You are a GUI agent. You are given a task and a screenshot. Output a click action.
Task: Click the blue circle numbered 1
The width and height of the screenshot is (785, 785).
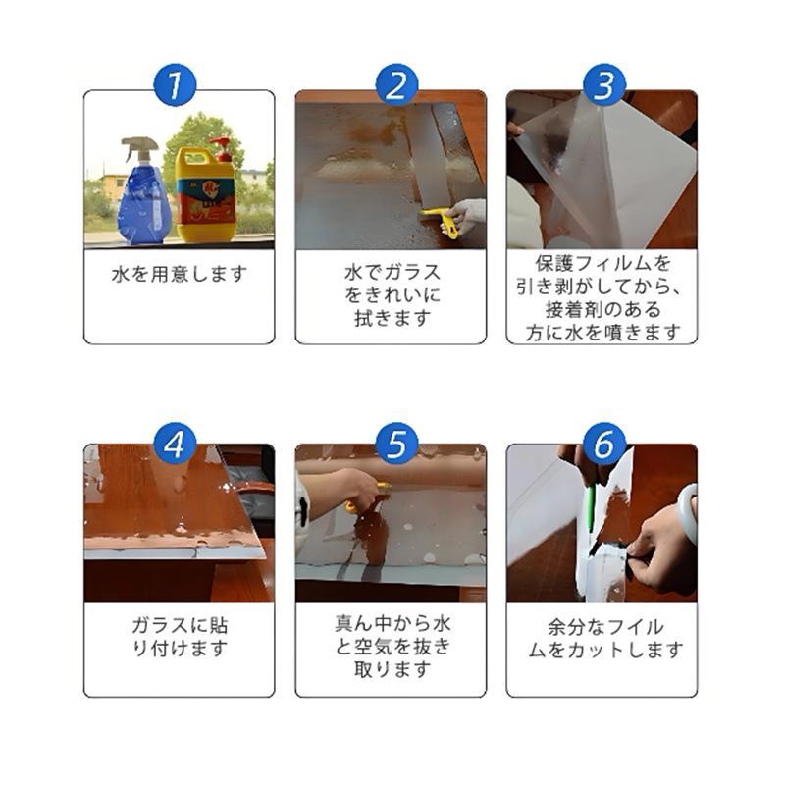(x=175, y=84)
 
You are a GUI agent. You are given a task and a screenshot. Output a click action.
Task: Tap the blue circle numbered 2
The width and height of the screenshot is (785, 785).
(x=396, y=84)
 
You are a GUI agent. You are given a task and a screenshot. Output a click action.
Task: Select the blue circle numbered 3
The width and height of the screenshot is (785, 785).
(x=604, y=84)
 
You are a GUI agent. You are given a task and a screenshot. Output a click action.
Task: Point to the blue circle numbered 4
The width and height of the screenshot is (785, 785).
(x=175, y=444)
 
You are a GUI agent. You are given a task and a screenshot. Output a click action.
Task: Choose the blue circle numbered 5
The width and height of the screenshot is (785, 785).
(x=396, y=444)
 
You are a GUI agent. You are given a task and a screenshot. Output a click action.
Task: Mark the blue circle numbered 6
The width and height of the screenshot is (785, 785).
(x=604, y=444)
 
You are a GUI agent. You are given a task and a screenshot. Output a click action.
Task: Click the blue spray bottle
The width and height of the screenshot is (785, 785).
(x=142, y=192)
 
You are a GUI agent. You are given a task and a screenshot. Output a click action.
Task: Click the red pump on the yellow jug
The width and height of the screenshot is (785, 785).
(x=221, y=148)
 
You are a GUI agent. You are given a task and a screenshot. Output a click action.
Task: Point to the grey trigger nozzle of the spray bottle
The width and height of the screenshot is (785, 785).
(x=139, y=146)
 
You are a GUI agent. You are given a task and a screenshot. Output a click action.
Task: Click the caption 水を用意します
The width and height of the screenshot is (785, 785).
(x=180, y=274)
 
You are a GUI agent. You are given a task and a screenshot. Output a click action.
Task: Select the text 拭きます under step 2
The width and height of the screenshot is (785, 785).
(x=392, y=318)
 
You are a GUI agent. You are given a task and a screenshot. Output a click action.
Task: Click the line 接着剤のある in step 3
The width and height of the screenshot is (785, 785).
(x=602, y=309)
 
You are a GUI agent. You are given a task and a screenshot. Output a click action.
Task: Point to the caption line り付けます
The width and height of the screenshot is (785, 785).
(x=180, y=649)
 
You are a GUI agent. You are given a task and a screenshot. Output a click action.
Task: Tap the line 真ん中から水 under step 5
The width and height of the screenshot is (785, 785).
(x=392, y=624)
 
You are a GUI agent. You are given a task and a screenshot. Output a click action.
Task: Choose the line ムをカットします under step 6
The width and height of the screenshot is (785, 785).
(x=605, y=650)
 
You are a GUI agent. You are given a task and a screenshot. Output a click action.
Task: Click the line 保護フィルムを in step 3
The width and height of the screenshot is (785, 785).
(x=602, y=263)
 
